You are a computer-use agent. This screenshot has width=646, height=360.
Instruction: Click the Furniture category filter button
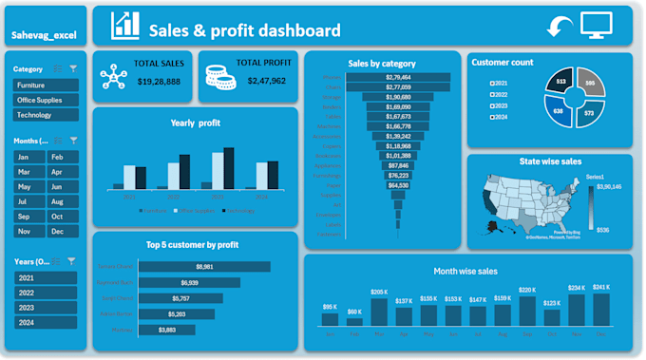tap(45, 85)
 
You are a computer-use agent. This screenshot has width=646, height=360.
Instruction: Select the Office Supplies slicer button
tap(45, 100)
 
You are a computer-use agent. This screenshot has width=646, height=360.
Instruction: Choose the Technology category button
tap(45, 114)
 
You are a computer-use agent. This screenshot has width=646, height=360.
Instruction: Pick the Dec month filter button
tap(62, 231)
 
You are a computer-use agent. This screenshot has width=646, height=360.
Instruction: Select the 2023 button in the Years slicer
tap(45, 307)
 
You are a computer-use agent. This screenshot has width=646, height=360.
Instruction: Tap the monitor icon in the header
tap(597, 26)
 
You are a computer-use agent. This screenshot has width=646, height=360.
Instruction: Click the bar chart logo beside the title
tap(124, 27)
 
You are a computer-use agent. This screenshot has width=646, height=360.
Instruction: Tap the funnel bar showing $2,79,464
tap(397, 77)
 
